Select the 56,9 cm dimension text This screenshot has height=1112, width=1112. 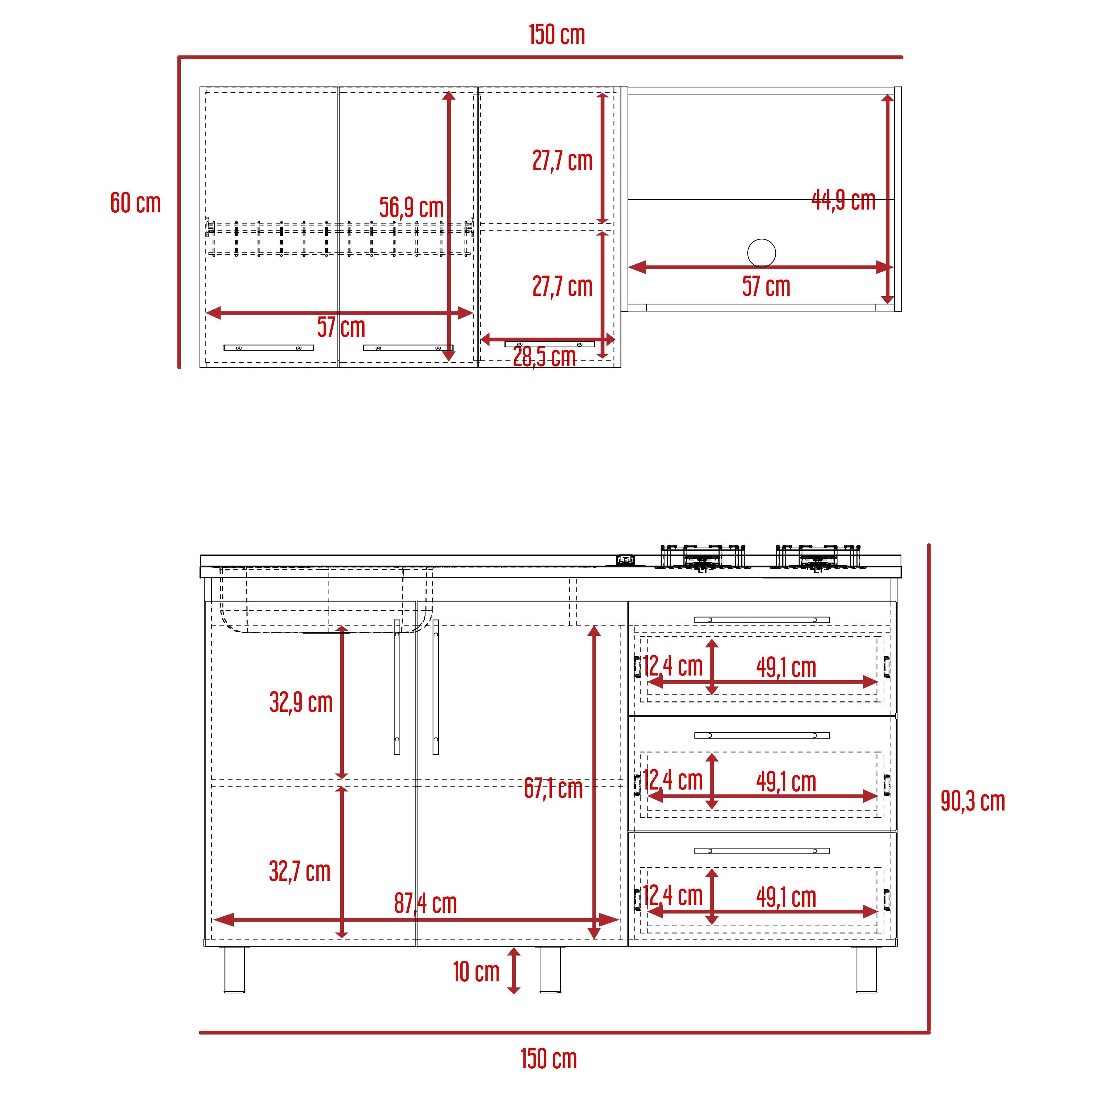click(x=412, y=208)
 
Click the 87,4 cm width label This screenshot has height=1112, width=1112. click(x=425, y=903)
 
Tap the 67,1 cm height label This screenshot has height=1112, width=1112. click(x=553, y=788)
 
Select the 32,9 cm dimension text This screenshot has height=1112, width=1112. click(x=301, y=702)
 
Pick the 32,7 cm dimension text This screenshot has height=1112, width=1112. click(x=300, y=872)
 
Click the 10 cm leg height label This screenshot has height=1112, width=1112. click(x=476, y=972)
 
